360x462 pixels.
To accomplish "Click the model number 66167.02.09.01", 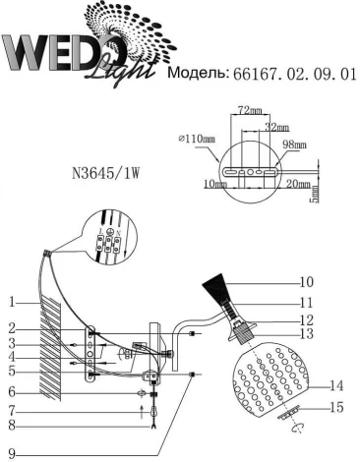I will click(x=292, y=74).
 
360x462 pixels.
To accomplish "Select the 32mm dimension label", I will click(x=278, y=129).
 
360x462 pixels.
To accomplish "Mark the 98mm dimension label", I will click(x=294, y=144).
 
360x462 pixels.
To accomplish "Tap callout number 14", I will click(x=337, y=385).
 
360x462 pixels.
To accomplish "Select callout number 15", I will click(x=337, y=407).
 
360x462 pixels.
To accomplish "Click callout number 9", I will click(x=9, y=451).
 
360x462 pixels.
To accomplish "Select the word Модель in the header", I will click(x=200, y=74).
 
